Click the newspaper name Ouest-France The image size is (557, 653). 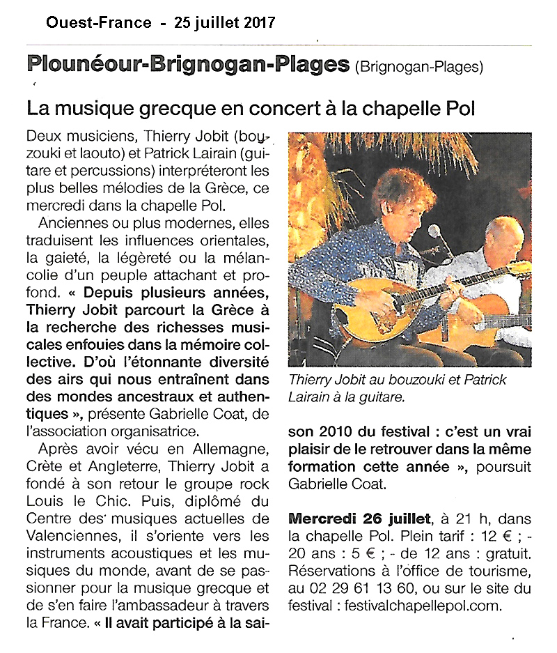pos(98,22)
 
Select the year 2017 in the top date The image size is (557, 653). pos(258,22)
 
